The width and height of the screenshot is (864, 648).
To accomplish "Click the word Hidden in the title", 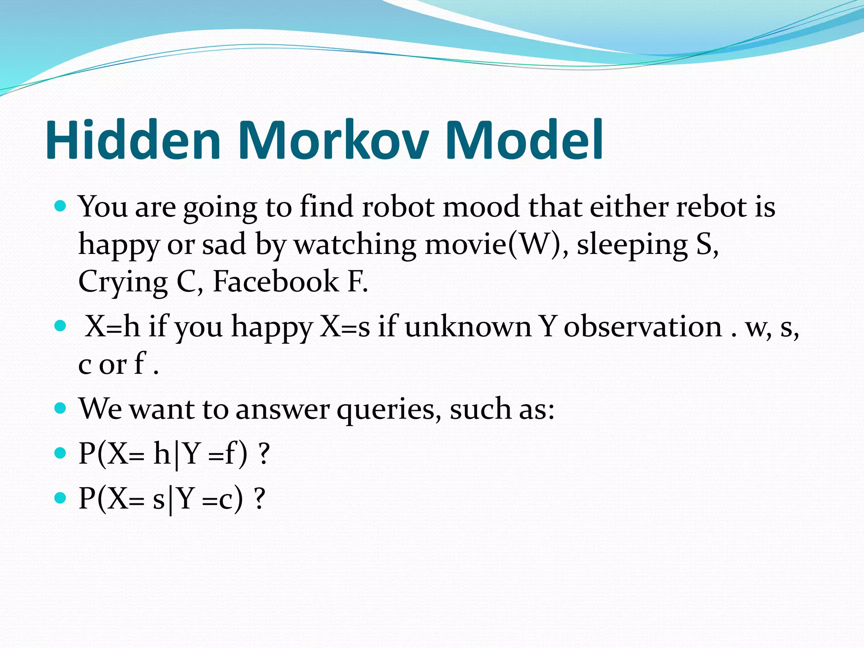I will [x=133, y=140].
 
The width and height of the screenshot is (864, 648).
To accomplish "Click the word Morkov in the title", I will [x=333, y=140].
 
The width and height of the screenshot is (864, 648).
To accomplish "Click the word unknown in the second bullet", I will [x=468, y=327].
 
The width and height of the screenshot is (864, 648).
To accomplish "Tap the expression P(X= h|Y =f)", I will [x=163, y=455].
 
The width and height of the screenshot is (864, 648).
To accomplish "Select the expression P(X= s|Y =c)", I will [x=161, y=499].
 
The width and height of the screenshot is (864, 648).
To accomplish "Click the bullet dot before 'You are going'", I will [x=61, y=206].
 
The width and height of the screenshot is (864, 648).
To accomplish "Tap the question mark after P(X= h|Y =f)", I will [x=264, y=454].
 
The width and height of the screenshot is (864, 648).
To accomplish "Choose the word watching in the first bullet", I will [x=354, y=245].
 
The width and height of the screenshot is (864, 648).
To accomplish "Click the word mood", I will [x=481, y=207].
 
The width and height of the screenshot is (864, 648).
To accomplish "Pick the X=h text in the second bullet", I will [x=112, y=327].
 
